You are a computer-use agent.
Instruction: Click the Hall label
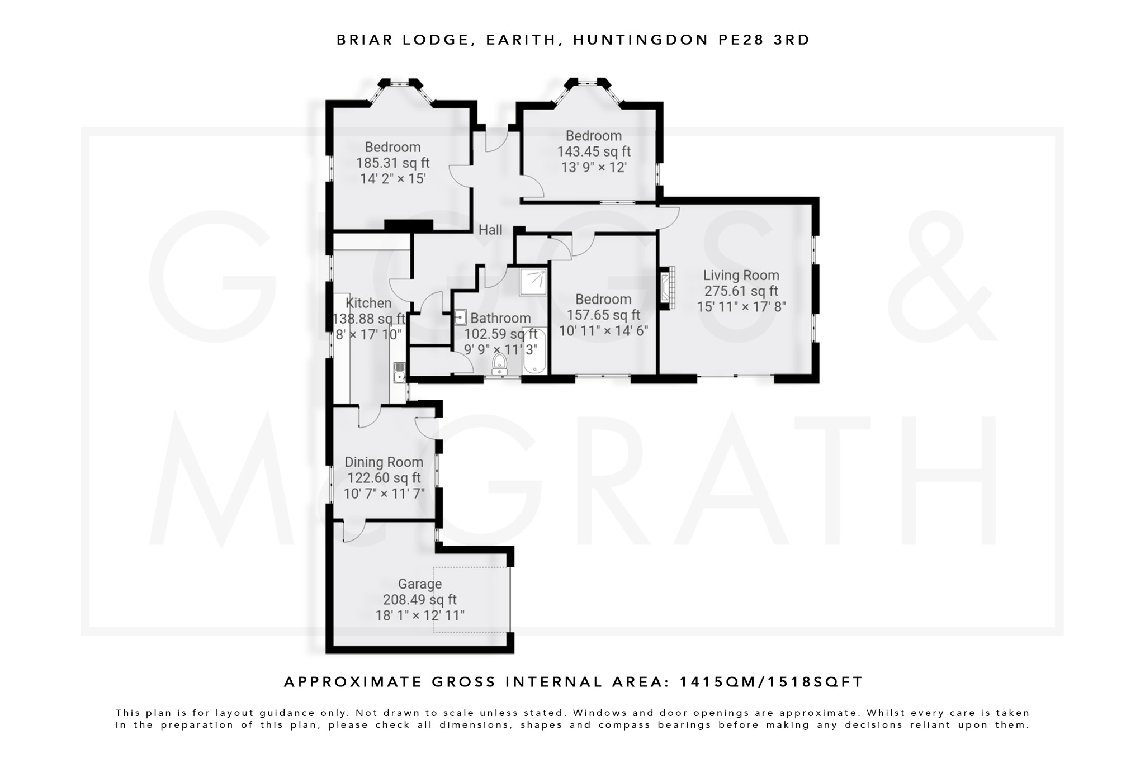pos(490,230)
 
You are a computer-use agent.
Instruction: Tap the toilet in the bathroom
pos(499,364)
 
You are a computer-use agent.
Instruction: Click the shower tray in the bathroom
pos(533,282)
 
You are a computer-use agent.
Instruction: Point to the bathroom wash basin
pos(460,317)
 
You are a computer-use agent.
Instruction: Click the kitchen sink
pos(399,372)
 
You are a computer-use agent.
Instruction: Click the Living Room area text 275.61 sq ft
pos(741,291)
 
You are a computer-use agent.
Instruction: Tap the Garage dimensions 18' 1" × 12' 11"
pos(420,616)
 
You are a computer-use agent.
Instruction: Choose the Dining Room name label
pos(384,462)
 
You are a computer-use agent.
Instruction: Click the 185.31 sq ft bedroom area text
pos(393,163)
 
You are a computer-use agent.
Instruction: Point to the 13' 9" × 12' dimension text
pos(594,167)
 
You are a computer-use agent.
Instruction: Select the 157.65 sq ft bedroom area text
pos(603,315)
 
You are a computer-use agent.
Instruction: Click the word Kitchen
pos(368,303)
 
